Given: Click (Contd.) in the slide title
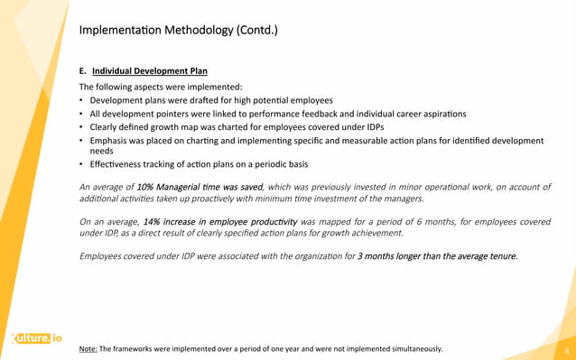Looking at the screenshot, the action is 257,31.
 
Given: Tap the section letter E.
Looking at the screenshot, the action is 83,70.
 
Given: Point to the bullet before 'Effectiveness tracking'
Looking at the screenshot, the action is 82,165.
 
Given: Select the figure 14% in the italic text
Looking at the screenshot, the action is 158,221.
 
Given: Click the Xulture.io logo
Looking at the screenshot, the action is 36,338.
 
